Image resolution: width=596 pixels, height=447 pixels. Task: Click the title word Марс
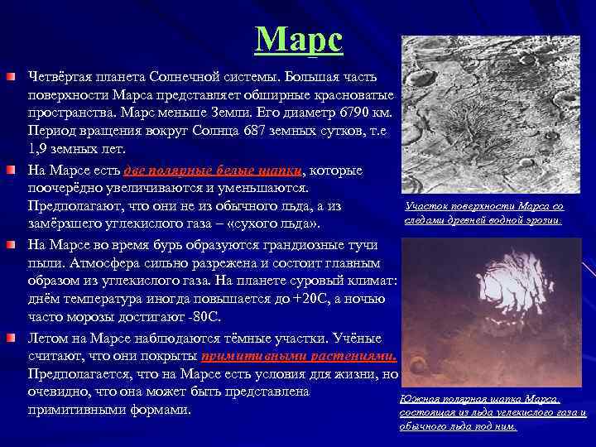click(298, 38)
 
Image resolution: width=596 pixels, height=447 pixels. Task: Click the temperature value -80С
click(200, 319)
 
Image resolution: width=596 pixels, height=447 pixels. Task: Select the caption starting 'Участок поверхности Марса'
click(484, 213)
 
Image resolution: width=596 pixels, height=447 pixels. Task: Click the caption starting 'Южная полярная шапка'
click(493, 412)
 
